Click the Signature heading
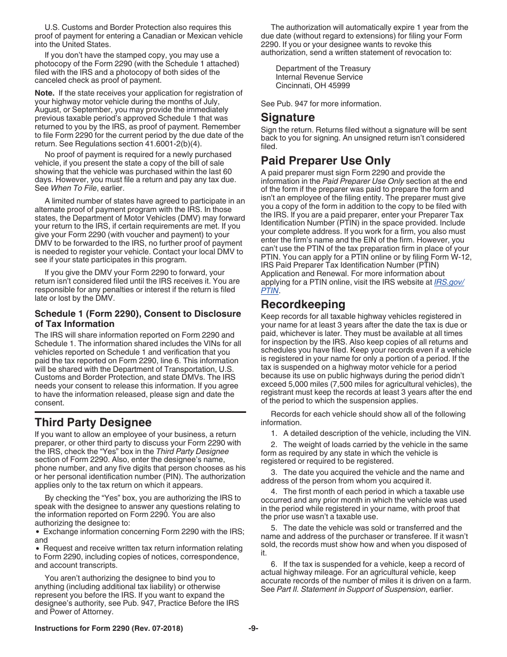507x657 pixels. [x=288, y=118]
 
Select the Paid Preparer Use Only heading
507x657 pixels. [x=326, y=161]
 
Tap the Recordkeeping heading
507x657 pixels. [x=303, y=304]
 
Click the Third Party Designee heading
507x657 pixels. [x=93, y=423]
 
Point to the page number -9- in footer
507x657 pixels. [x=253, y=629]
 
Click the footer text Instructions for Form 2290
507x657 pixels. [x=108, y=629]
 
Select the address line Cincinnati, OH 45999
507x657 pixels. [x=313, y=85]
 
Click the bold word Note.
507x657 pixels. [x=44, y=93]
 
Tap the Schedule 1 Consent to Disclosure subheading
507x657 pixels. [x=138, y=319]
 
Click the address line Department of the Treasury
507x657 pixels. [x=323, y=68]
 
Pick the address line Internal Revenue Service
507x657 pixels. [x=319, y=77]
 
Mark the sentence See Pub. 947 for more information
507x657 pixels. [x=321, y=104]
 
